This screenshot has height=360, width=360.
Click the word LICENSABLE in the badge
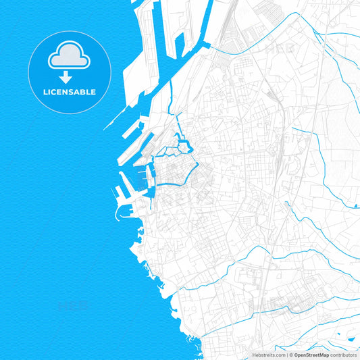pos(70,92)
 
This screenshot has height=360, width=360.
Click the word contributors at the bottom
pos(344,355)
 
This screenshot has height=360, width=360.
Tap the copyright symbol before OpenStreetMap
pos(290,355)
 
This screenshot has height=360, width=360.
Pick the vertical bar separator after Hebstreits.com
pos(286,355)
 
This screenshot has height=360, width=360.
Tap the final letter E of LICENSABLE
pos(93,92)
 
